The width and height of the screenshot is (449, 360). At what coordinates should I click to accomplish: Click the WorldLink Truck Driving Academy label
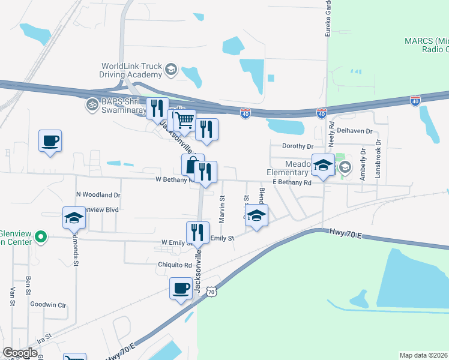131,70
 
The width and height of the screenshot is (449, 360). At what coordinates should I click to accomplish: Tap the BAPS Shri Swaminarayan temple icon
92,104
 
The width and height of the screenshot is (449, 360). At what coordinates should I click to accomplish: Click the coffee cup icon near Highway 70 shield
181,289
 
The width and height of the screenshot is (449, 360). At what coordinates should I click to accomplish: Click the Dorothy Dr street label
298,146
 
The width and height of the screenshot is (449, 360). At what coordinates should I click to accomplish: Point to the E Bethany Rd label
292,182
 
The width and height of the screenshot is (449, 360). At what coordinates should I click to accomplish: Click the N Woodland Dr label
98,195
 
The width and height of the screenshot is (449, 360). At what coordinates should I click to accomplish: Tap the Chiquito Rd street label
176,265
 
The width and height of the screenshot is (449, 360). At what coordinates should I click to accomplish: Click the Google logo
20,353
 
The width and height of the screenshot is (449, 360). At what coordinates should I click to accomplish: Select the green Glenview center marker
40,238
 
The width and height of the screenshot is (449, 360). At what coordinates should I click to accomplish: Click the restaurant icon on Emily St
197,232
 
